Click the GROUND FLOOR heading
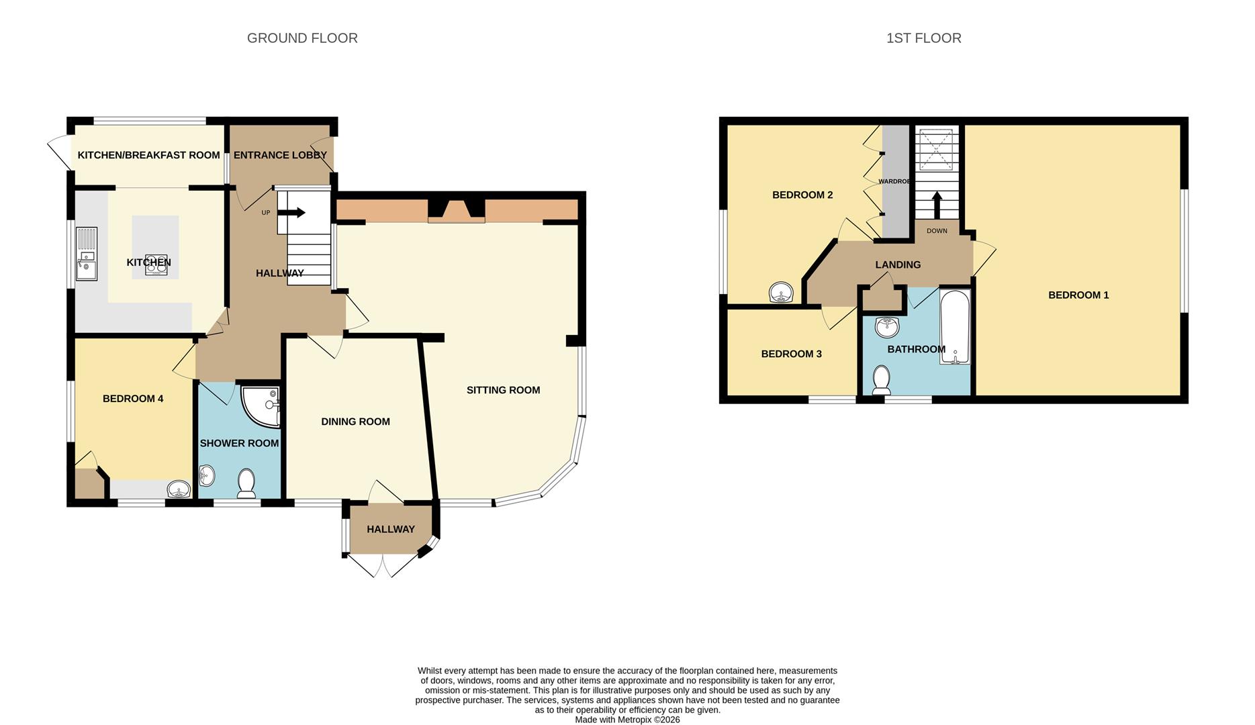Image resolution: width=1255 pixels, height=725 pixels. coord(302,38)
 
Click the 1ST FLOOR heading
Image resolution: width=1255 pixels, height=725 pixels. coord(923,38)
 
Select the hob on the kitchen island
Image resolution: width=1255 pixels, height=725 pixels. coord(156,264)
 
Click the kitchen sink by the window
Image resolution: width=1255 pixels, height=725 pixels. coord(86,255)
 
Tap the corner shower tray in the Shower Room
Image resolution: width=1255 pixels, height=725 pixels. coord(263,404)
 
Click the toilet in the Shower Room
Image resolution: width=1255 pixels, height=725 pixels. coord(246,483)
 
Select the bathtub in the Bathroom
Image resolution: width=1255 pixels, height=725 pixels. coord(954,326)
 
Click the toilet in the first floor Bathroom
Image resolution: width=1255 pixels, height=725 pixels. coord(881,380)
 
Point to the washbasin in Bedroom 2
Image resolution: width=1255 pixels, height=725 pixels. coord(781,293)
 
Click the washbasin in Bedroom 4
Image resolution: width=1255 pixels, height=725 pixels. coord(179,489)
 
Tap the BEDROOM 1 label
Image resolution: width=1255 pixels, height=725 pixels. coord(1078,295)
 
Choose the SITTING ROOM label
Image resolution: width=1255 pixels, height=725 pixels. coord(503,390)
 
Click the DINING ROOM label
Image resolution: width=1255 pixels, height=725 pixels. coord(355,422)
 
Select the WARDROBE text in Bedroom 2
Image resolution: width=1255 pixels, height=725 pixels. coord(894,181)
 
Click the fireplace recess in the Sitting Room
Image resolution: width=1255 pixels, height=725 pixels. coord(457,209)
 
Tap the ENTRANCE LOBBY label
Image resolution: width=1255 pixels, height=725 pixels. coord(280,155)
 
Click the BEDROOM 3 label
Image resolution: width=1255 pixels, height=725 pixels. coord(791,354)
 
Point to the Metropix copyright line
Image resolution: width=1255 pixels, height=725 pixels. coord(627,720)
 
